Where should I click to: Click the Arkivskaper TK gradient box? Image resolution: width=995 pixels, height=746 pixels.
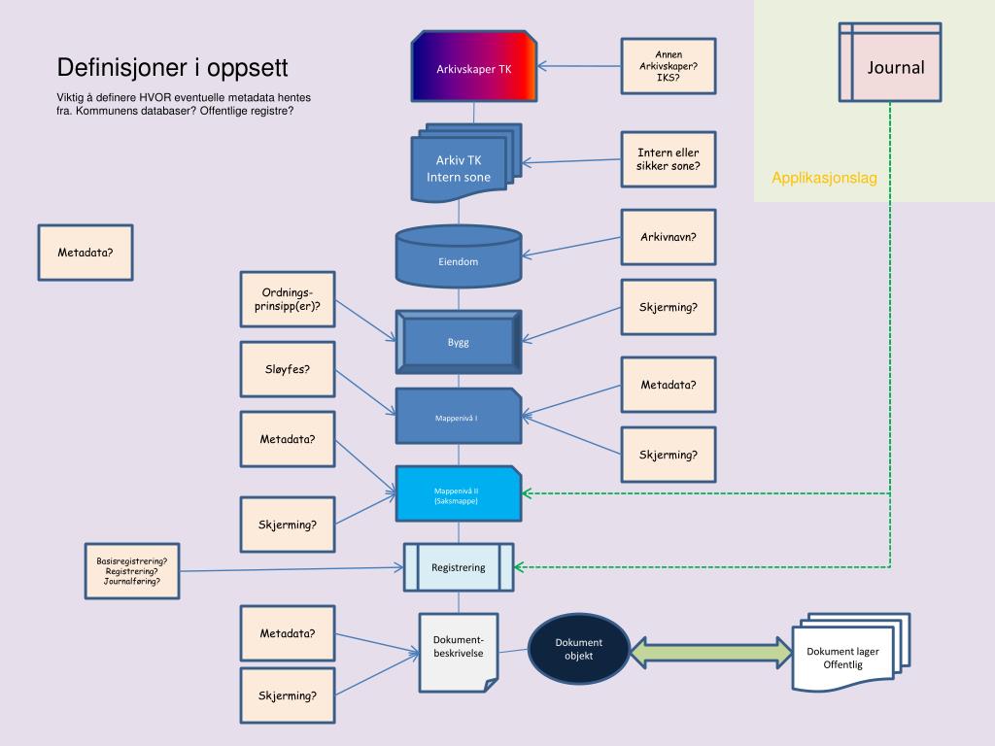coord(473,68)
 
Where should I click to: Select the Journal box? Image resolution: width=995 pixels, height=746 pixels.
coord(890,62)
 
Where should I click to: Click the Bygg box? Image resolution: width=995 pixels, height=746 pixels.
coord(459,341)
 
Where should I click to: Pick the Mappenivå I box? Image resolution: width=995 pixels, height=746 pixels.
coord(459,417)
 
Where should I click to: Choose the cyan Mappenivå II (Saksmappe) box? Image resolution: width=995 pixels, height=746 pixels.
coord(459,493)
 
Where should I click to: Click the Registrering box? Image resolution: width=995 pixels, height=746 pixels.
coord(459,567)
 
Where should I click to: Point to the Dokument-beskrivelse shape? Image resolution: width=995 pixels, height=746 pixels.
coord(458,650)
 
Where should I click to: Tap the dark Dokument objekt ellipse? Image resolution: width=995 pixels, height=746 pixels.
coord(579,648)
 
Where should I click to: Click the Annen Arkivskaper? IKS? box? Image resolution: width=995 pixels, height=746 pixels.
coord(669,66)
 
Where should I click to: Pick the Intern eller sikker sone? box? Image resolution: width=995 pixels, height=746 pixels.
coord(669,159)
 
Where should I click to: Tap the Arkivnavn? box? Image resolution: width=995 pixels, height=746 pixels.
coord(669,237)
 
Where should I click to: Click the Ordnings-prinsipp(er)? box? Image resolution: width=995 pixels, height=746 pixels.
coord(288,299)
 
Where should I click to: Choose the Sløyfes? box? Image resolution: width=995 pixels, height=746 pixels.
coord(288,369)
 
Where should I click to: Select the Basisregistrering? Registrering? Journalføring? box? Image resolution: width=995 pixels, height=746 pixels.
coord(132,570)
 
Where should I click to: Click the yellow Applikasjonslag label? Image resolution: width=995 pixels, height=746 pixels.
coord(824,178)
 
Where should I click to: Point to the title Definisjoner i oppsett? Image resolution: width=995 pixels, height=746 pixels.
coord(172,68)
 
